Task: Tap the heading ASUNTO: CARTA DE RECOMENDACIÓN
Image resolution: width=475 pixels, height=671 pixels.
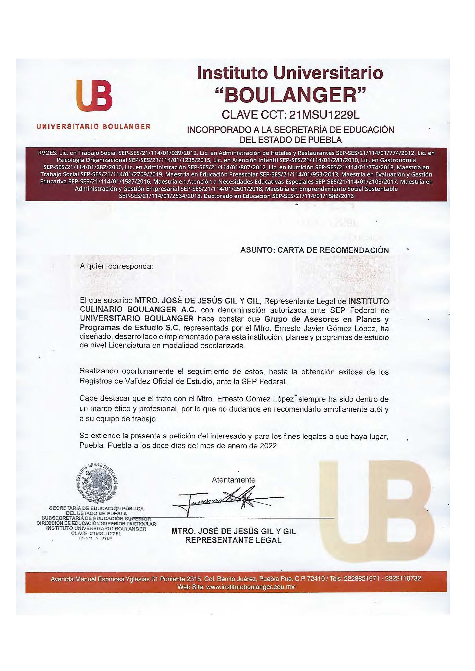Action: coord(314,250)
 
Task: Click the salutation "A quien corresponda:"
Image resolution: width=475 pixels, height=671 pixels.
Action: coord(116,267)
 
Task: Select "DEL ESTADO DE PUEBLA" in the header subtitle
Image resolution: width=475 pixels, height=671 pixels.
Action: coord(290,140)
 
